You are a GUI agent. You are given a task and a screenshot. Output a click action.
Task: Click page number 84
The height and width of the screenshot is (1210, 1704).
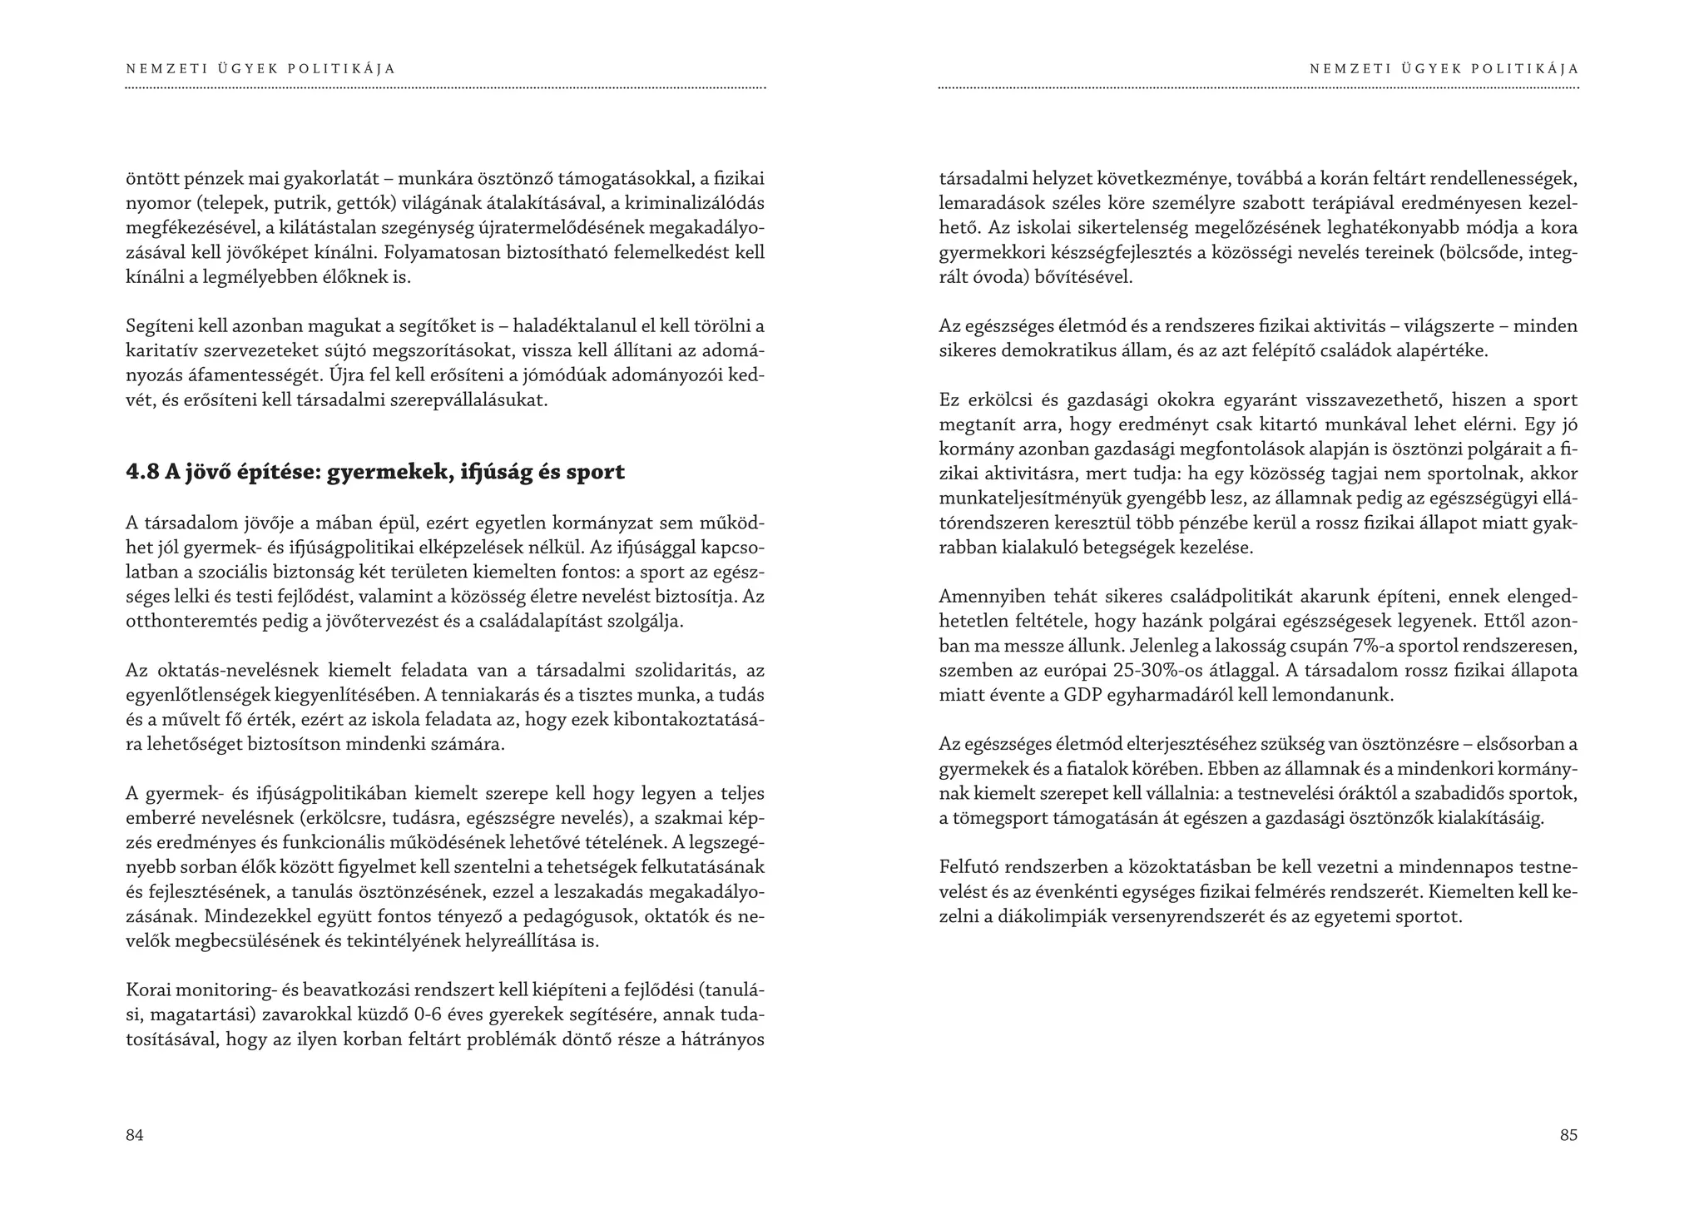135,1135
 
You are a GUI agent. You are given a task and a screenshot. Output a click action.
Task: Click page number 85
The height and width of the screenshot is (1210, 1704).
1568,1135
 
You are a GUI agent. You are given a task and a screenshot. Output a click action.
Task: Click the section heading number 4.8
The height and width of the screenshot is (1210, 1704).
142,473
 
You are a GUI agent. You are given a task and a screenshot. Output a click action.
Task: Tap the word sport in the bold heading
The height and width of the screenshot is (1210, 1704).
595,473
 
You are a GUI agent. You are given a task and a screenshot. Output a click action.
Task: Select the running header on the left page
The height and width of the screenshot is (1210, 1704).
260,69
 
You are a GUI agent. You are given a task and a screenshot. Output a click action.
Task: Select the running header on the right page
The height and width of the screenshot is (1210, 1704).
1444,69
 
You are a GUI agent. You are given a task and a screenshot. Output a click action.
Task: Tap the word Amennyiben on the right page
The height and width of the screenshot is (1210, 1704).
988,596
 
